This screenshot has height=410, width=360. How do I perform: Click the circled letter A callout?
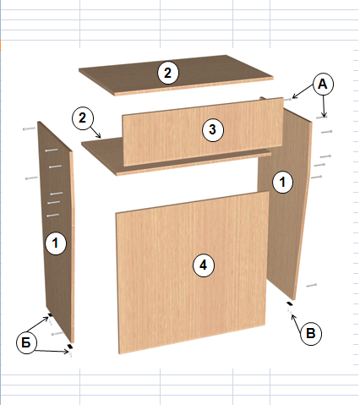(x=323, y=85)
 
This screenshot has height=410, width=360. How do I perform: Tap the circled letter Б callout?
(x=26, y=343)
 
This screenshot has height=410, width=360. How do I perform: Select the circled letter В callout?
(x=311, y=334)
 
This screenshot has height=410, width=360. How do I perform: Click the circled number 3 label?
(x=213, y=130)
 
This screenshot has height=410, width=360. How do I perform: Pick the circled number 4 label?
(x=204, y=265)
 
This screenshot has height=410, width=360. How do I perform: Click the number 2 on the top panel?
(x=168, y=73)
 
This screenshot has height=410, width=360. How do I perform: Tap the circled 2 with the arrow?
(x=82, y=118)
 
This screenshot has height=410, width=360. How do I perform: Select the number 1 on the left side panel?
(x=56, y=243)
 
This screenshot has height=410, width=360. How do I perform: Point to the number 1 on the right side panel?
(x=282, y=183)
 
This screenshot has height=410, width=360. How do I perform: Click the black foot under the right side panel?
(x=290, y=303)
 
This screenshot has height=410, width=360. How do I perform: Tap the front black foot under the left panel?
(x=70, y=346)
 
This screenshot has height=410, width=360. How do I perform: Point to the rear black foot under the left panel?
(x=50, y=314)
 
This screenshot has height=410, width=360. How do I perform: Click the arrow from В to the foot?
(x=297, y=320)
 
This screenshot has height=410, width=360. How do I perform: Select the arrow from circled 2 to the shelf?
(x=95, y=131)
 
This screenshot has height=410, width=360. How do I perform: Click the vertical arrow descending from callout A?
(x=324, y=107)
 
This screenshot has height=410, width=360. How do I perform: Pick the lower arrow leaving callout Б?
(x=52, y=351)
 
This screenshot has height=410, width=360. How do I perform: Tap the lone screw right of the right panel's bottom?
(x=311, y=286)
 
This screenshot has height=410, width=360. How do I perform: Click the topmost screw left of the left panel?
(x=29, y=128)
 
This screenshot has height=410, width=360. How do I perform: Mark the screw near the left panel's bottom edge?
(x=57, y=334)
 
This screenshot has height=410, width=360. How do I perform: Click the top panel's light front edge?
(x=194, y=86)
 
